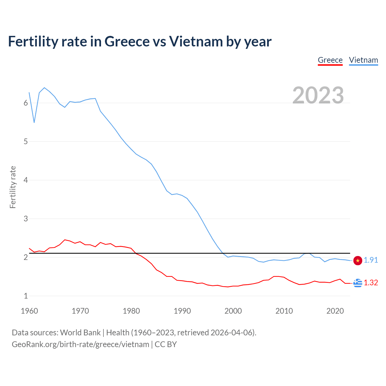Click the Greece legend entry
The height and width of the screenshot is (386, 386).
coord(330,60)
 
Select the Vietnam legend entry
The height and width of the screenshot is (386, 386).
coord(363,60)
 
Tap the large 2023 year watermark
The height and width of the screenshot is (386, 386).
coord(318,95)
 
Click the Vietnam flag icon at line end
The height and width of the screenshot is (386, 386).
coord(358,261)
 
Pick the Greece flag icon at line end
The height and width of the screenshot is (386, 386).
coord(358,283)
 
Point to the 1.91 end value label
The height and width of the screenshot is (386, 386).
coord(371,260)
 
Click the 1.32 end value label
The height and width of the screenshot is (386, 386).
coord(371,283)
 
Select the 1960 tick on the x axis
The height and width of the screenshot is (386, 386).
coord(29,311)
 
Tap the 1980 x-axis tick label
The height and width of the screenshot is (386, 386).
coord(131,311)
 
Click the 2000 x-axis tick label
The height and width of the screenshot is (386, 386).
coord(233,311)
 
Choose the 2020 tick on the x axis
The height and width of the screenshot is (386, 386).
coord(335,311)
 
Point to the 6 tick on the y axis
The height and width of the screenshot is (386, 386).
coord(26,103)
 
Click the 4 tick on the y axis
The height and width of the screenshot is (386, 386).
coord(26,180)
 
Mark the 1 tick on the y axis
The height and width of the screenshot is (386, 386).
coord(26,296)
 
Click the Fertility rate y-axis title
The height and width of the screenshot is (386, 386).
coord(13,187)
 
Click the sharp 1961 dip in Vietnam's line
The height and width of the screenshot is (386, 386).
coord(34,122)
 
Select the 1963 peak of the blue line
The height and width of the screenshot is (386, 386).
coord(44,88)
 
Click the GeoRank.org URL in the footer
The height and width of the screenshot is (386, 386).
coord(81,344)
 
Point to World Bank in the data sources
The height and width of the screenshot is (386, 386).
coord(80,333)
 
